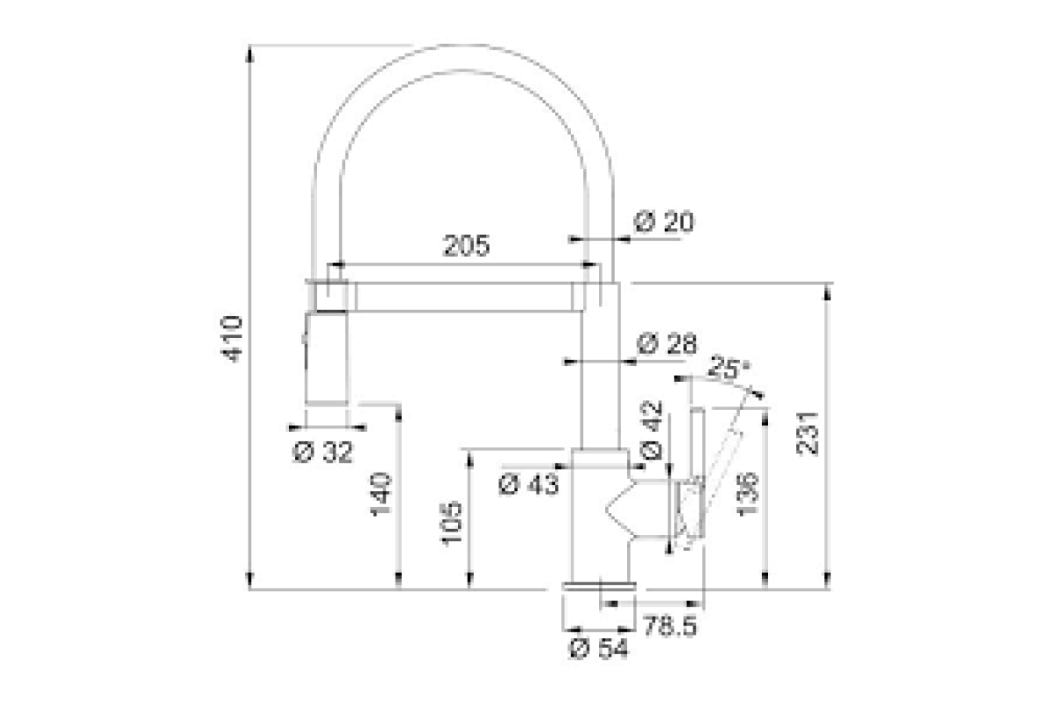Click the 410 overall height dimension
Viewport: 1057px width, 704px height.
[x=233, y=339]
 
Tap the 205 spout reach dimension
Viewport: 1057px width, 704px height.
[x=466, y=246]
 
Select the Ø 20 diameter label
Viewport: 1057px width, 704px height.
[x=664, y=222]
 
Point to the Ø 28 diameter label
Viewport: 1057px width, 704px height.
[x=667, y=343]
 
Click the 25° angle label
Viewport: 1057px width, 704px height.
[x=730, y=367]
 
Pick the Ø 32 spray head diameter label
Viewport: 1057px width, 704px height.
[x=322, y=452]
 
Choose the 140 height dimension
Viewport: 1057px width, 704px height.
[x=381, y=495]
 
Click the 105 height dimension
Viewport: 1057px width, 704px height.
[x=452, y=524]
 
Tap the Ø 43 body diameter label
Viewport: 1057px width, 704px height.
[x=528, y=484]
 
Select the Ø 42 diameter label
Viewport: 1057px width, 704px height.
[x=652, y=430]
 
